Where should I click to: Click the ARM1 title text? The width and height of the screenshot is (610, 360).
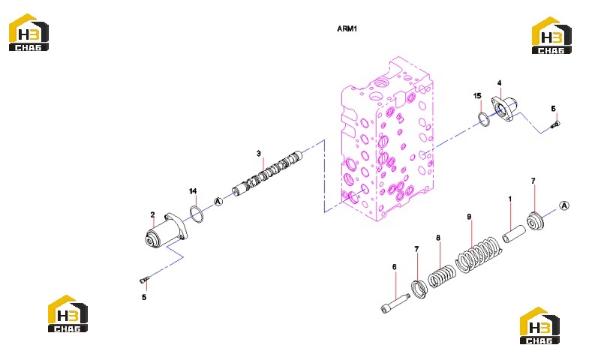pyautogui.click(x=347, y=28)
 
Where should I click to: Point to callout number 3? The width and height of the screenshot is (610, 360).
pyautogui.click(x=259, y=154)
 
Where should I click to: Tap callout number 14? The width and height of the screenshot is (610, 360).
pyautogui.click(x=193, y=191)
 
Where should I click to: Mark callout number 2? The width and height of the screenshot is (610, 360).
pyautogui.click(x=152, y=214)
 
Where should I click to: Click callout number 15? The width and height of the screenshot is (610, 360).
pyautogui.click(x=477, y=96)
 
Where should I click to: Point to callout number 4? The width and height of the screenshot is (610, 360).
pyautogui.click(x=500, y=82)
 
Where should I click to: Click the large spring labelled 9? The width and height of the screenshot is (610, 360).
pyautogui.click(x=478, y=255)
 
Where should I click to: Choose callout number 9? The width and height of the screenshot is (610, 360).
pyautogui.click(x=469, y=217)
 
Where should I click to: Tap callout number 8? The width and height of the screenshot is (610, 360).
pyautogui.click(x=438, y=238)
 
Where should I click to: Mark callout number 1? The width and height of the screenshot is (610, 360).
pyautogui.click(x=510, y=199)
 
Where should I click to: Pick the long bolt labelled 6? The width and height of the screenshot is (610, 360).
pyautogui.click(x=395, y=303)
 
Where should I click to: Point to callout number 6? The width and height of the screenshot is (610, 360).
pyautogui.click(x=395, y=267)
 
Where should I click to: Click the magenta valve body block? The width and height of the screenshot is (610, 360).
pyautogui.click(x=387, y=140)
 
